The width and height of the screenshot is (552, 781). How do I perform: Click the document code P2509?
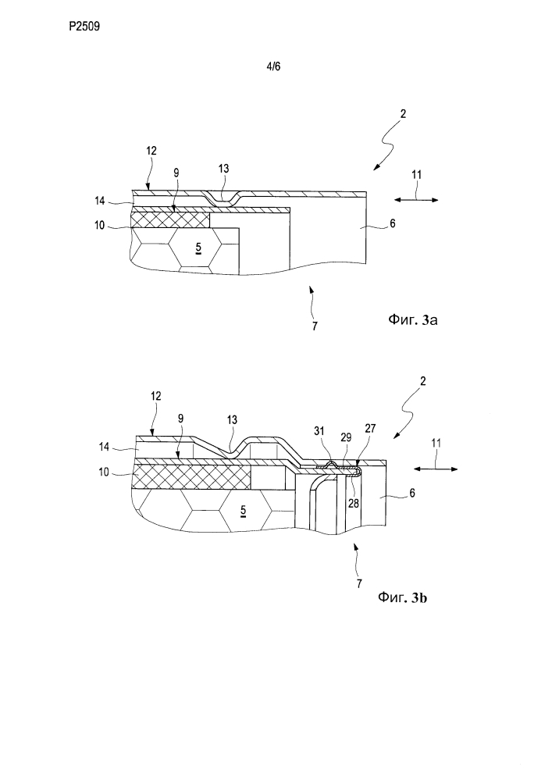point(84,27)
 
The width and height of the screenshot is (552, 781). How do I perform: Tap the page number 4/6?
point(273,66)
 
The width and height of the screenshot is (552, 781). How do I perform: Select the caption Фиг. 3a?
point(412,319)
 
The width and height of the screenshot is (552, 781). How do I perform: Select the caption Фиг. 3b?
point(402,597)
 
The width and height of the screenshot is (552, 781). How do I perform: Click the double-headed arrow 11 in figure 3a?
point(416,200)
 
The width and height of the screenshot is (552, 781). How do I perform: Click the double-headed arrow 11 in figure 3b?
point(436,468)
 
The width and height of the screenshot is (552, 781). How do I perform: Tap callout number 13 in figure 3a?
point(223,169)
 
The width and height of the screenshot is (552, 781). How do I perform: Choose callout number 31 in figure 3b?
point(320,430)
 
